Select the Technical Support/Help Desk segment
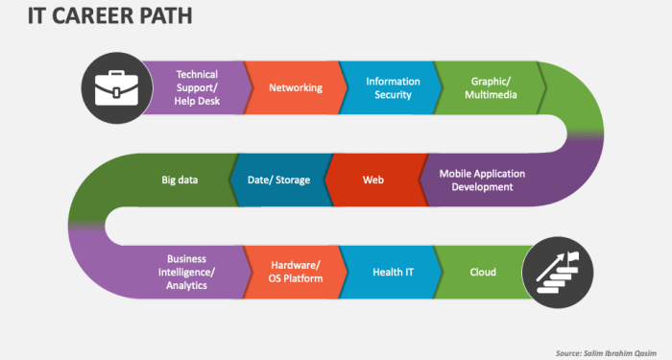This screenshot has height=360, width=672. pos(196,88)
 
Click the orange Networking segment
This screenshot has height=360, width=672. pos(295,88)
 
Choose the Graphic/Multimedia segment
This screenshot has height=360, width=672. pos(490,88)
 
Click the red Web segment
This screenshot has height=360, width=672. pos(373,180)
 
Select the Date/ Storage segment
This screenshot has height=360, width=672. pos(278,180)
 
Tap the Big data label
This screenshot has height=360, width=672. pos(180,180)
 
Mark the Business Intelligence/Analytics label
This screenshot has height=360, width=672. pos(186,273)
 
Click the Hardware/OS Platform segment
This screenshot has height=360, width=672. pos(295,273)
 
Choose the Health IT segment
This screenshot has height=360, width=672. pos(393,273)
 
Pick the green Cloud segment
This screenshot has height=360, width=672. pos(483,273)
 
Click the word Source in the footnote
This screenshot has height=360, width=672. pos(572,352)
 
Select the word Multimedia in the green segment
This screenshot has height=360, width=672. pos(492,95)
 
